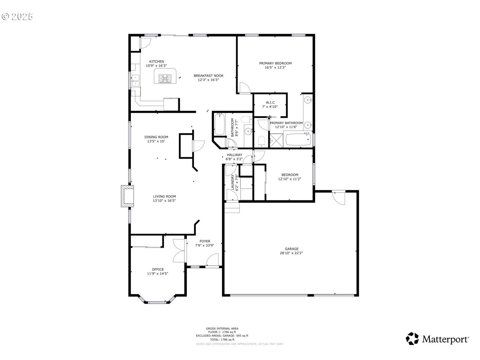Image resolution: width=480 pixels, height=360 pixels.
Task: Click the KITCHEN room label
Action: [156, 61]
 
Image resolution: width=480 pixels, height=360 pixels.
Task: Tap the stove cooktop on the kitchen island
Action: [165, 79]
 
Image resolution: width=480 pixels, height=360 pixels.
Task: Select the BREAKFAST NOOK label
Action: [208, 76]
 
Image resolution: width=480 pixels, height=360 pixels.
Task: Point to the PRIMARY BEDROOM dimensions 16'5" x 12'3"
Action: [275, 68]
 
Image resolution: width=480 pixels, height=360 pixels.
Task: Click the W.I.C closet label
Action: [270, 103]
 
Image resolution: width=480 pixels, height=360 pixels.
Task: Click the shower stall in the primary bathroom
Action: [276, 140]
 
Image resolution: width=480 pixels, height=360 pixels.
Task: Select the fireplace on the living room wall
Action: [128, 196]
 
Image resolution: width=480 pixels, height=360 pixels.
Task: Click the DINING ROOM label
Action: [156, 137]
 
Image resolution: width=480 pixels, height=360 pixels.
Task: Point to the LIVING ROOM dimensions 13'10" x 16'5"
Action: [164, 201]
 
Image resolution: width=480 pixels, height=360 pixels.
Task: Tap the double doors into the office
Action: [179, 251]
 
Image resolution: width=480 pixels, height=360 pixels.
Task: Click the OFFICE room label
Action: [158, 269]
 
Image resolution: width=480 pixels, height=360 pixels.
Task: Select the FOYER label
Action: [205, 241]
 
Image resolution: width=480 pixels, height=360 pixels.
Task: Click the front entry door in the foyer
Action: [213, 261]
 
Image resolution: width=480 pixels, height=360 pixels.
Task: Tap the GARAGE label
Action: [292, 249]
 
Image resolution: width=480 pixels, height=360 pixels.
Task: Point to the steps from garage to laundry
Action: [232, 207]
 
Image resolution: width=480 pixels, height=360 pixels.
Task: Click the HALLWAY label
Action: [235, 155]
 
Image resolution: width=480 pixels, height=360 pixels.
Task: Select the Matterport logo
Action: [438, 339]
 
